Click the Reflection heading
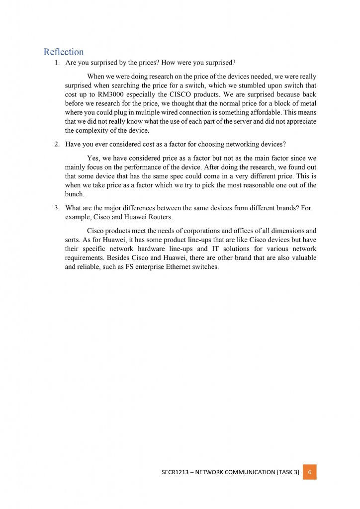(x=64, y=52)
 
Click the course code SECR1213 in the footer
(x=175, y=472)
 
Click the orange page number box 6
(x=309, y=472)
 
